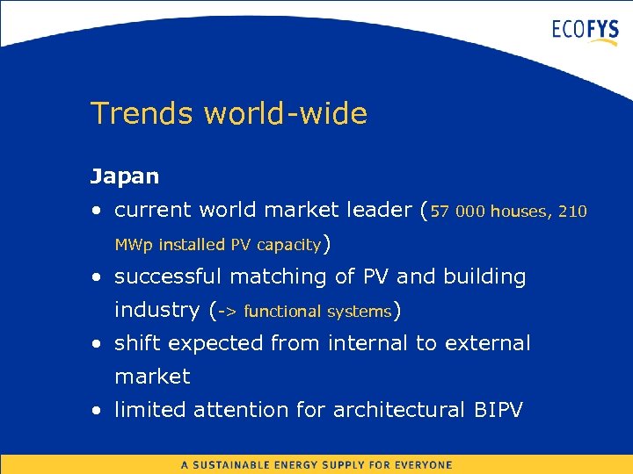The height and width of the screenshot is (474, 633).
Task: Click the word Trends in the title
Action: (142, 113)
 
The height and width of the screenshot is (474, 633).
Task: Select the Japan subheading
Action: (125, 176)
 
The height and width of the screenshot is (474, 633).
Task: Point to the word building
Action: (484, 277)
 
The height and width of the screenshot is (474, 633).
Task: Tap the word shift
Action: (137, 343)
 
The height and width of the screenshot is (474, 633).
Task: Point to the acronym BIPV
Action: (498, 410)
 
